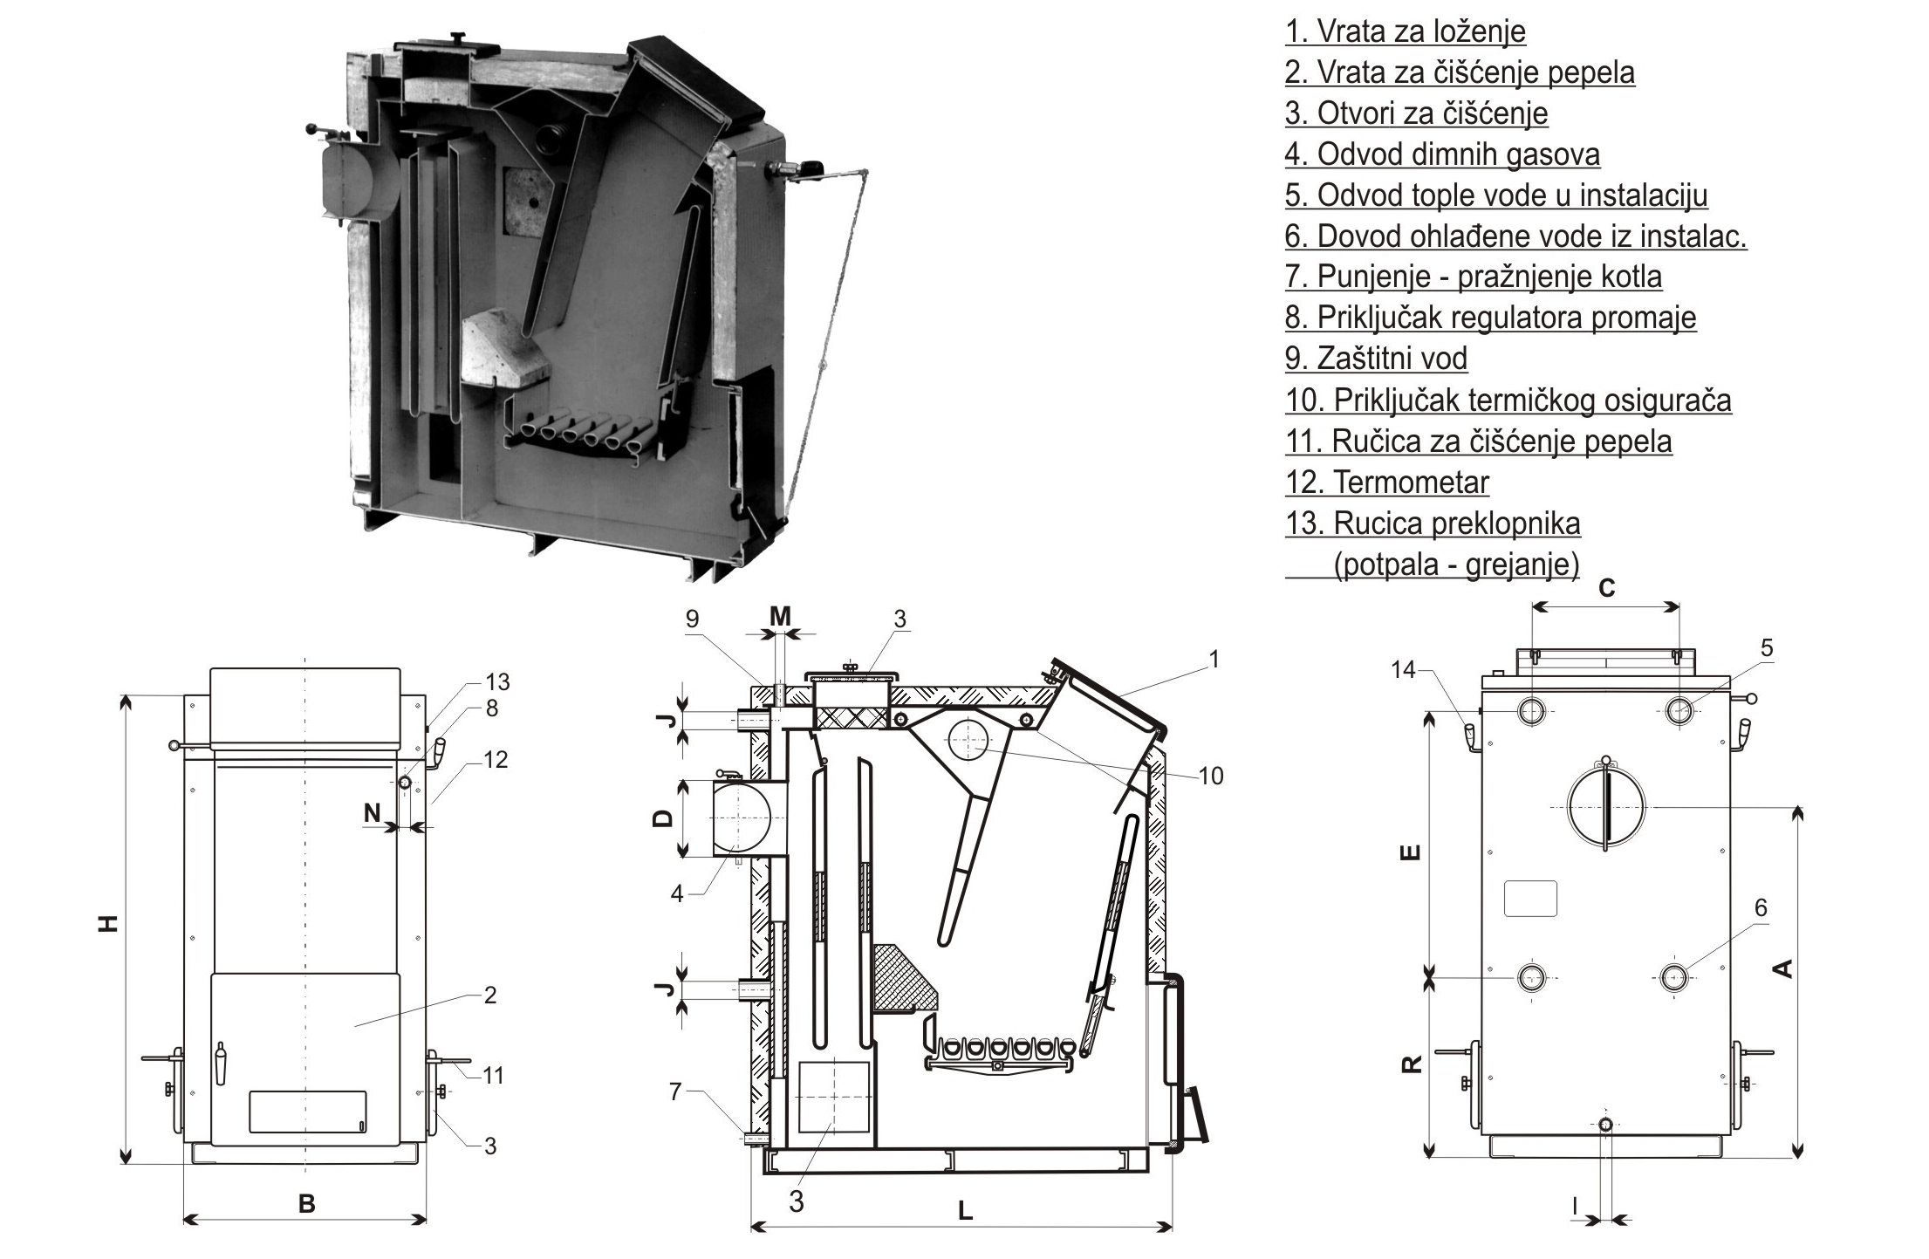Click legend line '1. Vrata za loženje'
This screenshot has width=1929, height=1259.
[x=1405, y=32]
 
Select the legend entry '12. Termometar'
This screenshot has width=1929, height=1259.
[x=1386, y=482]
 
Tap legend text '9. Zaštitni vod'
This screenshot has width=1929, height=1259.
[x=1376, y=359]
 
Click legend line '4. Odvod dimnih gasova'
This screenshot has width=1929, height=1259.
[x=1442, y=155]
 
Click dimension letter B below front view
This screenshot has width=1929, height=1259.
[x=306, y=1204]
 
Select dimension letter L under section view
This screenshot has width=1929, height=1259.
[x=965, y=1210]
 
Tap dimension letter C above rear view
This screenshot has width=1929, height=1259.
[x=1606, y=588]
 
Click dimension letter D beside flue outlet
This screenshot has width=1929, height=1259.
[x=663, y=818]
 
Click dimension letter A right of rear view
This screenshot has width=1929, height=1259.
[x=1784, y=968]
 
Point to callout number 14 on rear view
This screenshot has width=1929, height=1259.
[x=1404, y=669]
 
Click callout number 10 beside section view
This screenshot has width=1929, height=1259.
[x=1211, y=776]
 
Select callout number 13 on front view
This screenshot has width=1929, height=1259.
[x=496, y=681]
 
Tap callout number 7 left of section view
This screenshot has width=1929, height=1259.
[x=674, y=1091]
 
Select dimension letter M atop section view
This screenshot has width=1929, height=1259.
[x=780, y=617]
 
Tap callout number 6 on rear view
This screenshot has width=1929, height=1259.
[x=1761, y=908]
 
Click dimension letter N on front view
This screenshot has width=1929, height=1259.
[x=373, y=813]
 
